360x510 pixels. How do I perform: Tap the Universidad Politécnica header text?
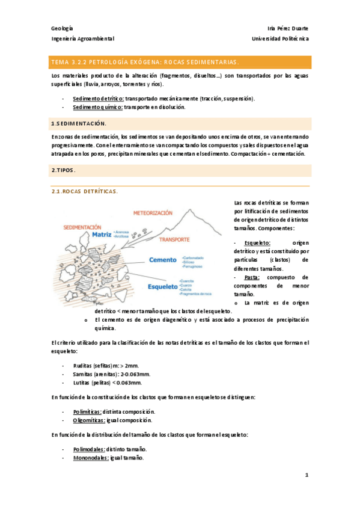[281, 38]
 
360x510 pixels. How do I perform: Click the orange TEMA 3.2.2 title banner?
[180, 62]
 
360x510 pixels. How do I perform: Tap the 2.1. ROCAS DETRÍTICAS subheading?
[85, 192]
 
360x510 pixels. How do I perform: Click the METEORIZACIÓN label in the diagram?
[153, 213]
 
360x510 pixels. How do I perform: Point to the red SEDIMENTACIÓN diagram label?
[82, 227]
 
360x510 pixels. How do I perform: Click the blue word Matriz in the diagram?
[102, 235]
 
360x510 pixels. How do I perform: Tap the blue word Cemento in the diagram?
[163, 260]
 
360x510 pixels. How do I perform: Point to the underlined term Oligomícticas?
[91, 420]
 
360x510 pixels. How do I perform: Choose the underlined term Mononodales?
[91, 458]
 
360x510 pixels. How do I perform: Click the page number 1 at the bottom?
[306, 475]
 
